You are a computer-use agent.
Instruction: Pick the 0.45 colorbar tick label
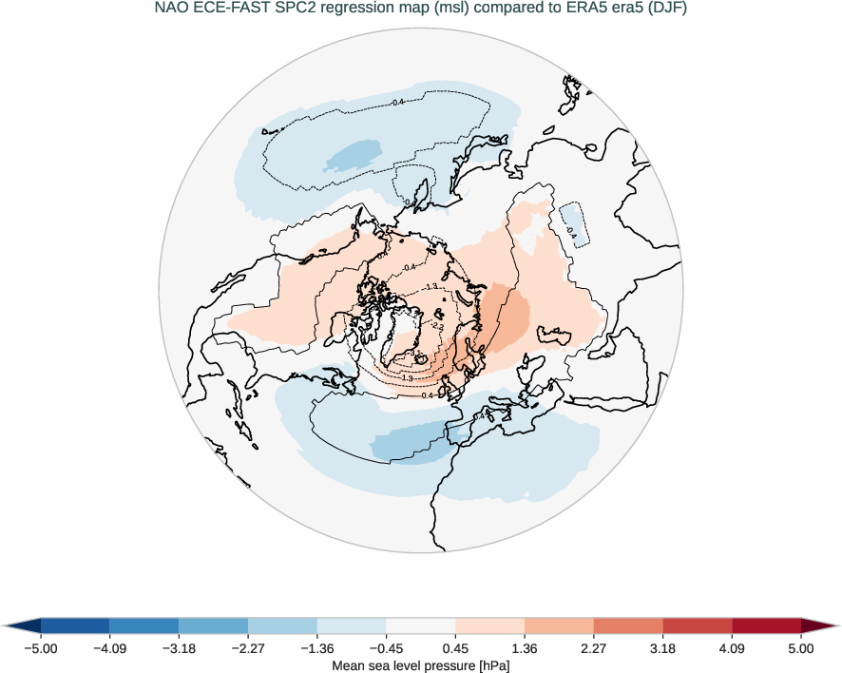(455, 648)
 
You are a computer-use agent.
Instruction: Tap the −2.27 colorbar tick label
(248, 648)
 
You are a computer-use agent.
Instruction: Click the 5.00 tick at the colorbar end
(800, 648)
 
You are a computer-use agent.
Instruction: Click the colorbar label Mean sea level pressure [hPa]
(420, 665)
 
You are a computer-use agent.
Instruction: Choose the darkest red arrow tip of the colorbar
(819, 625)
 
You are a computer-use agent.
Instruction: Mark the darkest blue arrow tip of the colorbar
(22, 625)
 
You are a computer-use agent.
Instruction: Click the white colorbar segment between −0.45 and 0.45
(420, 625)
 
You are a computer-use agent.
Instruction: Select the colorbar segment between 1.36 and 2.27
(559, 625)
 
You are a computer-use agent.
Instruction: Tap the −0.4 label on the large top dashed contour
(398, 102)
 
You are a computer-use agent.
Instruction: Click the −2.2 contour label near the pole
(438, 326)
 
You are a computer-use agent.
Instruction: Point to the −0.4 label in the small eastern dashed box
(571, 230)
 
